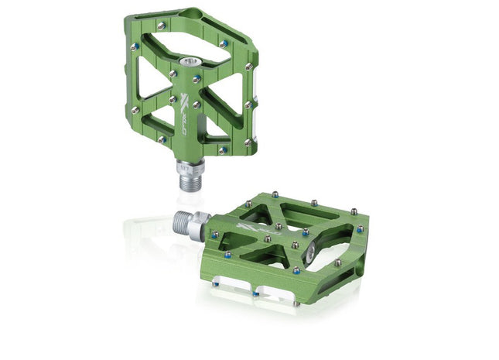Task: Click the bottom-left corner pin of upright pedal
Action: pos(161,139)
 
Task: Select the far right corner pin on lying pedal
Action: pos(360,229)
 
